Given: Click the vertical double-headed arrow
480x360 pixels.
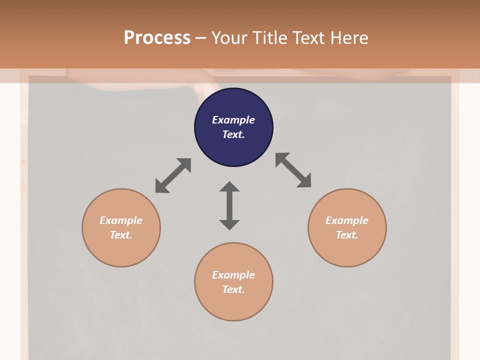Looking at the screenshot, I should (x=229, y=205).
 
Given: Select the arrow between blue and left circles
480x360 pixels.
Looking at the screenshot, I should (x=173, y=175).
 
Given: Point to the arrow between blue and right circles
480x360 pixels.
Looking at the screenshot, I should (x=293, y=170).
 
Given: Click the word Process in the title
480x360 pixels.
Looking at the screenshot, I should (x=157, y=37).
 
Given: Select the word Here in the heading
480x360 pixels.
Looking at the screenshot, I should (x=348, y=37).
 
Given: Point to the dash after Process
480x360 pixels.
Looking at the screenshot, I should (x=200, y=38).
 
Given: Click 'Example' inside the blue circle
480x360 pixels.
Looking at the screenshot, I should (x=233, y=120).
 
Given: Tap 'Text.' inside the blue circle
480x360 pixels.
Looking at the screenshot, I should (x=233, y=134).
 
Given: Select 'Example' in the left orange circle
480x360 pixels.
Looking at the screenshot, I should (x=121, y=220).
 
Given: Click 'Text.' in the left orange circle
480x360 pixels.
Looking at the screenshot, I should (x=121, y=235).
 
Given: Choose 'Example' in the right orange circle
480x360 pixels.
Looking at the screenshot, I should (x=347, y=220).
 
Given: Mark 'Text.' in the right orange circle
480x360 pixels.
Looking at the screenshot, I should (x=347, y=235).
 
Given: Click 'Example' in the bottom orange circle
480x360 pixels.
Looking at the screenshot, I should (x=233, y=275).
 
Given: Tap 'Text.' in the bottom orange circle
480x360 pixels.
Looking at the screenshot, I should (x=233, y=289).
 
